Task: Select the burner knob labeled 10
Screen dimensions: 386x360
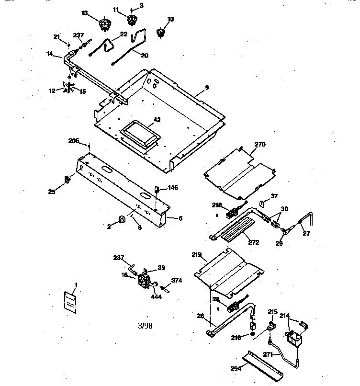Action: [x=160, y=33]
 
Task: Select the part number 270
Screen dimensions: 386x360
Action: [x=260, y=144]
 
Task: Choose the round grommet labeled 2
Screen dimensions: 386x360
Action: [x=122, y=219]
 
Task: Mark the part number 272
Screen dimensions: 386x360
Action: [x=253, y=242]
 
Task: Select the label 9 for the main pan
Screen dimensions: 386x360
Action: [x=207, y=87]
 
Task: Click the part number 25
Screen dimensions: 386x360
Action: [x=51, y=192]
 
